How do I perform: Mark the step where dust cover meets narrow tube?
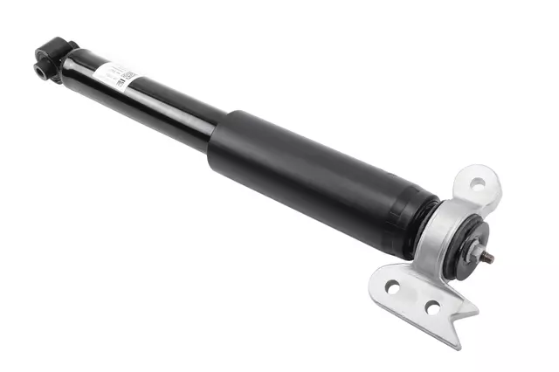(215, 140)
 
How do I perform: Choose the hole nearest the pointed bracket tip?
(432, 307)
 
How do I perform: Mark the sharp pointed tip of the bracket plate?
(477, 309)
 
